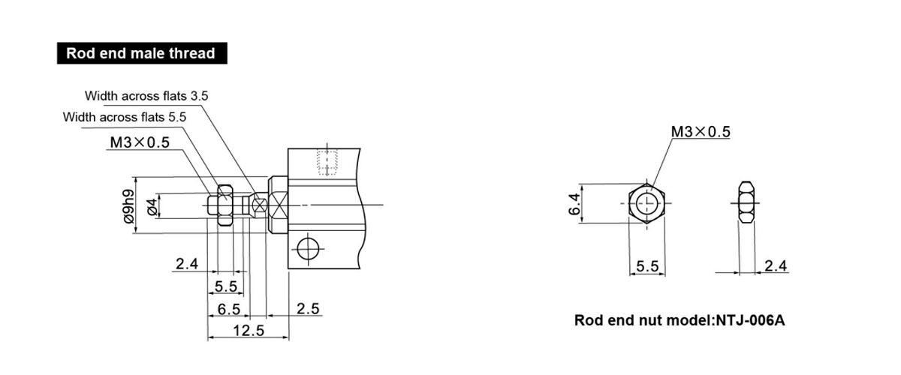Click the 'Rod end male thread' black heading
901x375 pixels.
click(142, 53)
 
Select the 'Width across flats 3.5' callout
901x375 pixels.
click(146, 96)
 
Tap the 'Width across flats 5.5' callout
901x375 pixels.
click(125, 117)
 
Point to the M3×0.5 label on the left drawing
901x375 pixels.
click(140, 142)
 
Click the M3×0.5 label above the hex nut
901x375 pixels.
click(701, 131)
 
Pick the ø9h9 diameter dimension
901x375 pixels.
click(129, 205)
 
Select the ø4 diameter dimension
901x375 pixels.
click(152, 206)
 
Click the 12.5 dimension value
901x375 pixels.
click(249, 331)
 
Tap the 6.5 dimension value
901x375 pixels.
click(228, 309)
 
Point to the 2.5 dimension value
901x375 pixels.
click(308, 309)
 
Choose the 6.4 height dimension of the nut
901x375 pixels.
click(574, 204)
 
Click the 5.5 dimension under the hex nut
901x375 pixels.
click(647, 266)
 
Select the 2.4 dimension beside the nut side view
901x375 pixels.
click(776, 265)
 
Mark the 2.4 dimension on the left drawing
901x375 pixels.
click(187, 264)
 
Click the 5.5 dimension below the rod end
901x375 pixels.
click(226, 286)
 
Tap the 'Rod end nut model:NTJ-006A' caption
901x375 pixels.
click(680, 320)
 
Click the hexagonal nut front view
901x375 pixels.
click(646, 203)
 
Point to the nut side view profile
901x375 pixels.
click(746, 203)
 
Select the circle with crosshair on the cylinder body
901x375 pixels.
click(308, 249)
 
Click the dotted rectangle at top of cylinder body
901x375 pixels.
click(327, 163)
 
